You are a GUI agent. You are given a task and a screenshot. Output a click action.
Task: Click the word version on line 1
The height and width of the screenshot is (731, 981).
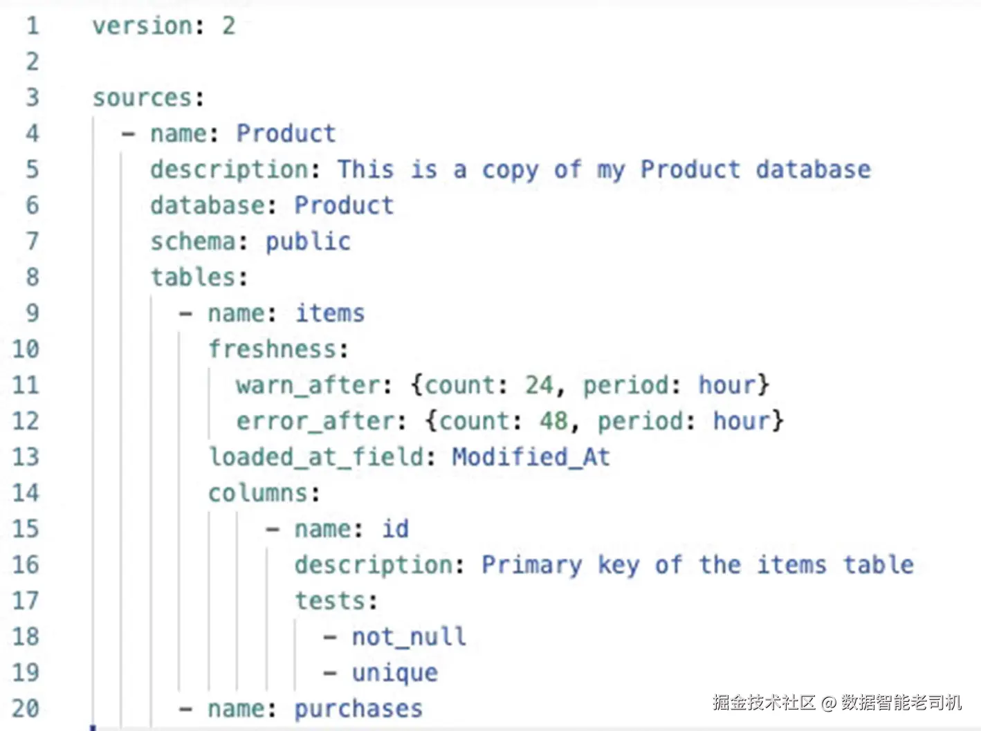[142, 26]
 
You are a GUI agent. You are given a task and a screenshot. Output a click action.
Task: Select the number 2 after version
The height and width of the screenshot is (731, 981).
[228, 26]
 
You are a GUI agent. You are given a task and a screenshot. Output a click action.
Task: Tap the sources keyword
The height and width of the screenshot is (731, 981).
[142, 98]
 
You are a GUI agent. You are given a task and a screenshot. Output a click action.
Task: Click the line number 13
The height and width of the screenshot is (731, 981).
[26, 457]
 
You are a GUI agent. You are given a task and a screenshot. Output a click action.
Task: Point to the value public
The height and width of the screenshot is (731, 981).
[308, 242]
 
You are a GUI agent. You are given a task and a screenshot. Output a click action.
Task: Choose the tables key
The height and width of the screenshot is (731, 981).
[193, 277]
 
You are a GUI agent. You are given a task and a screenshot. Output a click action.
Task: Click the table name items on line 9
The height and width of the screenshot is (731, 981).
[330, 313]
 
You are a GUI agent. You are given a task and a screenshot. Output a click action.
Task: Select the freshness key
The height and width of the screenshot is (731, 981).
[272, 349]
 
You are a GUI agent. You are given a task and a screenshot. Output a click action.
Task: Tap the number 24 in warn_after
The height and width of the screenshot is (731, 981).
[538, 385]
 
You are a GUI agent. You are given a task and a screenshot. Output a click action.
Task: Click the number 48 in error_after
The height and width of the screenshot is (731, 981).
[553, 420]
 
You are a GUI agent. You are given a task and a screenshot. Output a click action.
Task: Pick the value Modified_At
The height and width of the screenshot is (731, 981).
[531, 457]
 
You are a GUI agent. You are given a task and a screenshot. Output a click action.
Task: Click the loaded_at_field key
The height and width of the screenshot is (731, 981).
[315, 457]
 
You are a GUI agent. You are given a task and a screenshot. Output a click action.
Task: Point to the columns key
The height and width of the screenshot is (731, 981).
[258, 493]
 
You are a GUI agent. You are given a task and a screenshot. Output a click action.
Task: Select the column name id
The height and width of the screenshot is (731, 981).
[395, 529]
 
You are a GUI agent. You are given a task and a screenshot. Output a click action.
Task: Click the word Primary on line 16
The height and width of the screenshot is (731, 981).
[532, 565]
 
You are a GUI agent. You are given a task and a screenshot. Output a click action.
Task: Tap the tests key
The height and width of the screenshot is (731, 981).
[330, 600]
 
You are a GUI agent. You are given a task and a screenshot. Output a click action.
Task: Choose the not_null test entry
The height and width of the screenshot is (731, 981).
[409, 637]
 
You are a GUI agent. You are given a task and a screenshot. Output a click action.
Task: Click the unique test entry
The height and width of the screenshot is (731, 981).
[394, 674]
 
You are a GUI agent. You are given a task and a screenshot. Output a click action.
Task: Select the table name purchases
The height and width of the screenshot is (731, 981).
[358, 710]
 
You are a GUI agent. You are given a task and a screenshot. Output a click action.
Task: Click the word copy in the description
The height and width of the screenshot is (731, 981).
[510, 171]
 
